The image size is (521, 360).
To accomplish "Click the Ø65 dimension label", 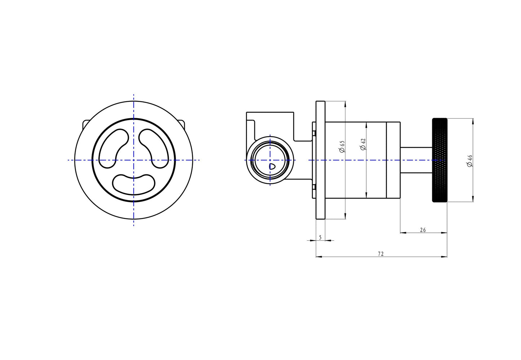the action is pyautogui.click(x=342, y=146).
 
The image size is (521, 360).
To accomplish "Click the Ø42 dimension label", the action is pyautogui.click(x=363, y=144).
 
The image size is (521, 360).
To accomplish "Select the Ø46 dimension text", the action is pyautogui.click(x=469, y=161).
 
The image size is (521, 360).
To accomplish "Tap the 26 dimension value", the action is pyautogui.click(x=423, y=230).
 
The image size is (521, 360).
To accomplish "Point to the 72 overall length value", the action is pyautogui.click(x=380, y=254).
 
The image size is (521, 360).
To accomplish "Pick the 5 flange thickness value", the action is pyautogui.click(x=320, y=237).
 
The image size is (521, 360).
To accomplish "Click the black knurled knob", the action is pyautogui.click(x=440, y=160).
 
